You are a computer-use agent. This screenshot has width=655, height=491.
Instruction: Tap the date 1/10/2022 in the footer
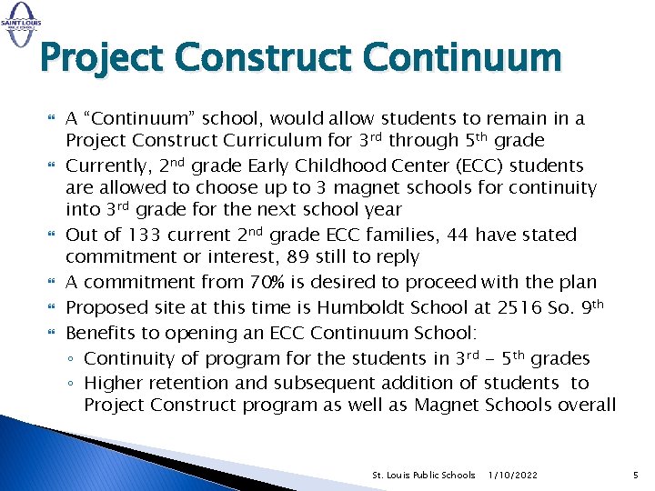tap(512, 476)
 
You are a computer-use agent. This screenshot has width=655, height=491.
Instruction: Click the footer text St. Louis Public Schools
tap(424, 476)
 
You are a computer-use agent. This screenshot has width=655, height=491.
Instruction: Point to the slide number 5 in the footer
tap(636, 475)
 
